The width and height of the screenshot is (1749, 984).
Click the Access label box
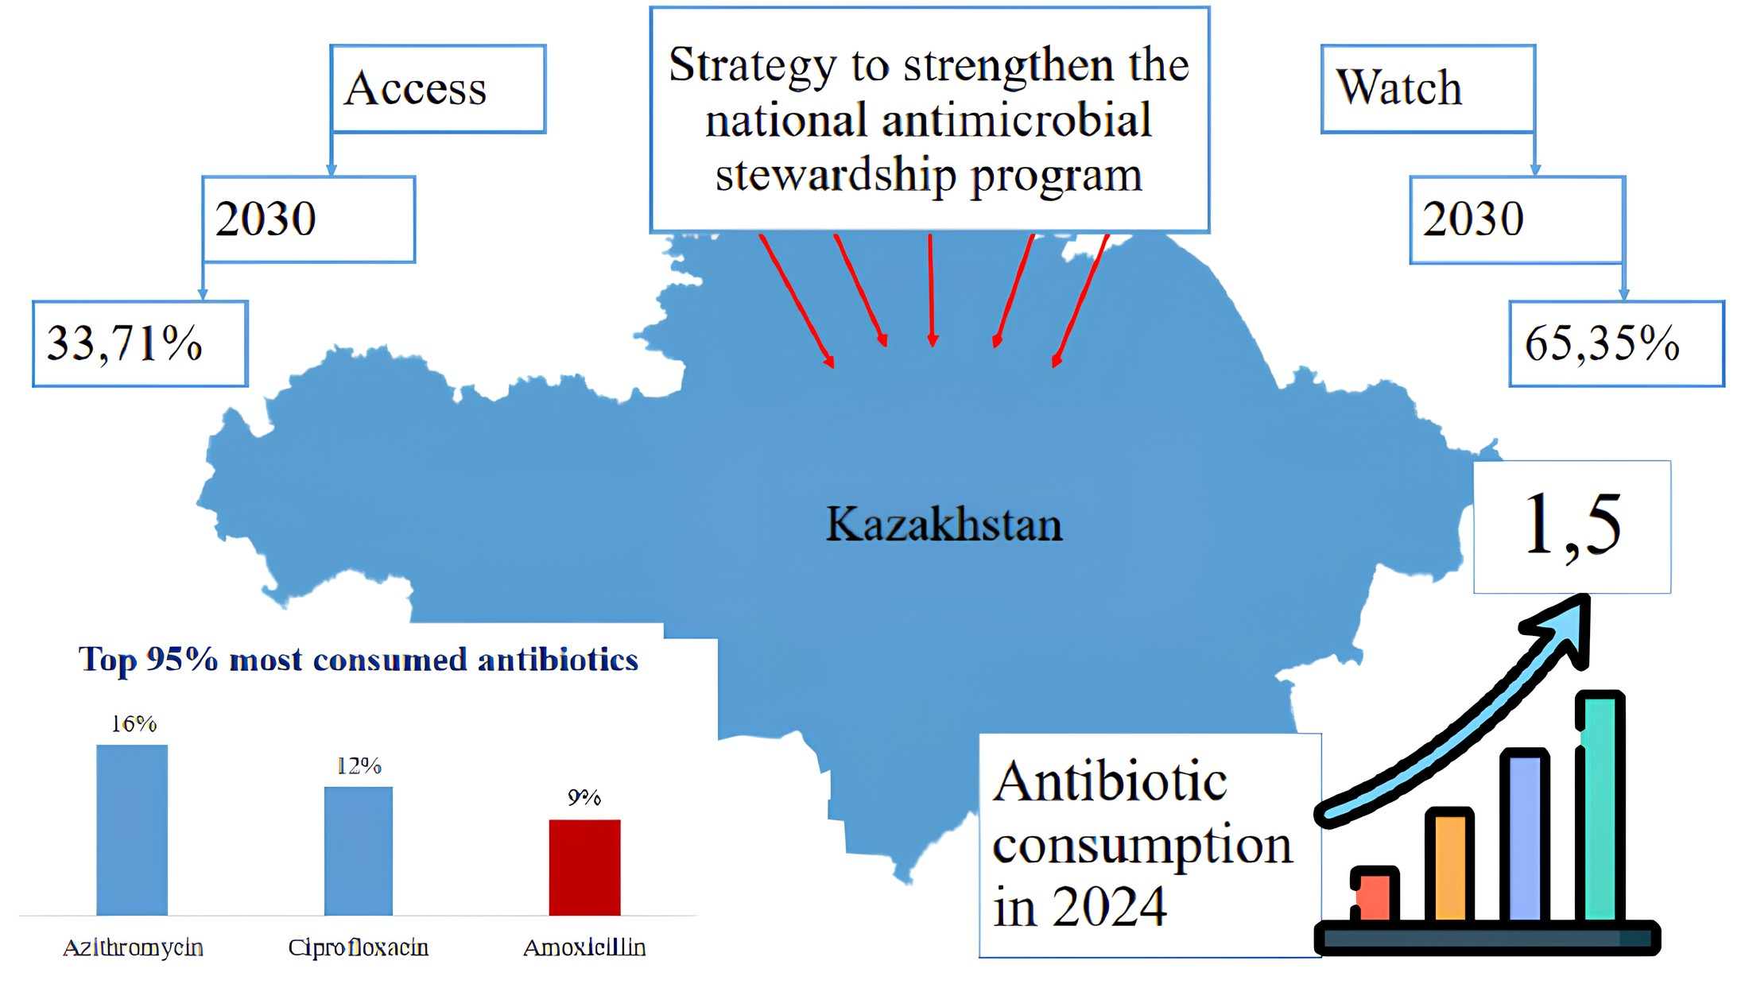point(438,88)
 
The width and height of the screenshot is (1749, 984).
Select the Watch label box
point(1429,88)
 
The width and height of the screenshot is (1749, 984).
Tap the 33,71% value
point(125,343)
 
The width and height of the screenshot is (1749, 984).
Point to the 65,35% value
point(1601,343)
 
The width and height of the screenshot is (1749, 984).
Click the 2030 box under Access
point(308,219)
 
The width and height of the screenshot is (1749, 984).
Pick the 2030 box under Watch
point(1518,219)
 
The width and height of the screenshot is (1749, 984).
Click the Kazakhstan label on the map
point(944,525)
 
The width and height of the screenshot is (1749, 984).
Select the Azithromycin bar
point(132,830)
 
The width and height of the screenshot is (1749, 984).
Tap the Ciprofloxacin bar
point(359,851)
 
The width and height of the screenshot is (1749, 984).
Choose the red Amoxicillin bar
point(584,867)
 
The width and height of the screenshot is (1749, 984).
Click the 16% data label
point(134,724)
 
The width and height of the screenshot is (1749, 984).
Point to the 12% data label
point(359,766)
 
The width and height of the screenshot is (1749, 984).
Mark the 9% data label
point(584,798)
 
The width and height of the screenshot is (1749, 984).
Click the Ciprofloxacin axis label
point(358,947)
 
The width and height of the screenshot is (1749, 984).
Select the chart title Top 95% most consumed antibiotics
point(358,660)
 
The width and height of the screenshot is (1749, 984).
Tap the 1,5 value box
point(1572,526)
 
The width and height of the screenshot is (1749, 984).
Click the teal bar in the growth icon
point(1600,807)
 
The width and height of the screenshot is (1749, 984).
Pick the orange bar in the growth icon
point(1449,866)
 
